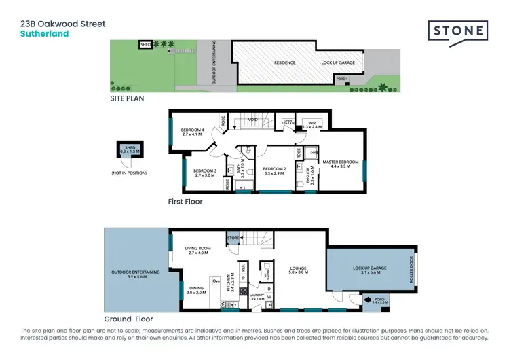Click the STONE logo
[x=457, y=31]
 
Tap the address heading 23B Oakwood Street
[x=63, y=24]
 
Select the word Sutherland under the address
[x=44, y=33]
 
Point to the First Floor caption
[x=185, y=202]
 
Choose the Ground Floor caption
[x=128, y=319]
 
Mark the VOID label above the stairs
[x=252, y=120]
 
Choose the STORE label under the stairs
[x=233, y=238]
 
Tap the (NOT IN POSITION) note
[x=128, y=173]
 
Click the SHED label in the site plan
[x=145, y=45]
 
